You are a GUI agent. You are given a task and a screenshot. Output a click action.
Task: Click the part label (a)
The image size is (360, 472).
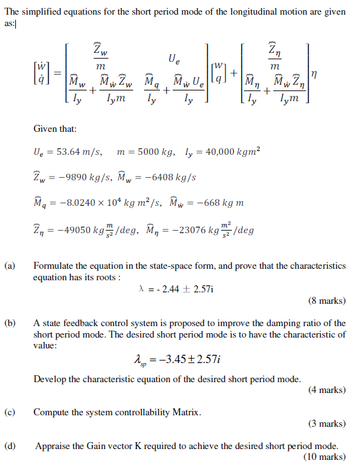(10, 266)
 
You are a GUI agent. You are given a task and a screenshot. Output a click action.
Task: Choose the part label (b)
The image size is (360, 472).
(10, 324)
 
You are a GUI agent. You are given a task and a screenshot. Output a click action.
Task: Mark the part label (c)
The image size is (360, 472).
(10, 412)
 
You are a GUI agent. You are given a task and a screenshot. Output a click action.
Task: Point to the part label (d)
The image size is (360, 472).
(10, 447)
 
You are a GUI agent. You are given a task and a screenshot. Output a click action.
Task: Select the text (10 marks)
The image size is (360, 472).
(325, 457)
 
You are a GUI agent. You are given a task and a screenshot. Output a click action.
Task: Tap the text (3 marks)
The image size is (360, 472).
(327, 424)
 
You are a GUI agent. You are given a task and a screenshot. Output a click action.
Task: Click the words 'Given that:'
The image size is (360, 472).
(55, 129)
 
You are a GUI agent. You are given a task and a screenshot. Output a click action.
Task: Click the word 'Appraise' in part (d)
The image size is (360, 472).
(53, 447)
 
